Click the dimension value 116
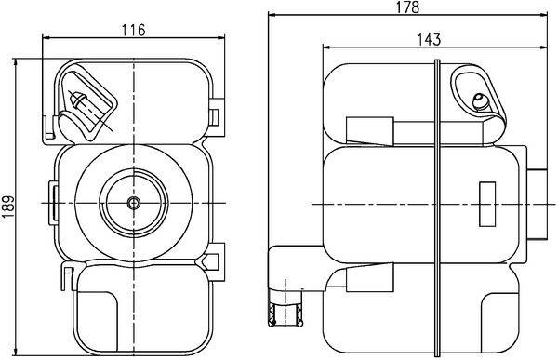tap(134, 30)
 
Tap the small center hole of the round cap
tap(133, 202)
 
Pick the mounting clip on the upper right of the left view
tap(217, 114)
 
